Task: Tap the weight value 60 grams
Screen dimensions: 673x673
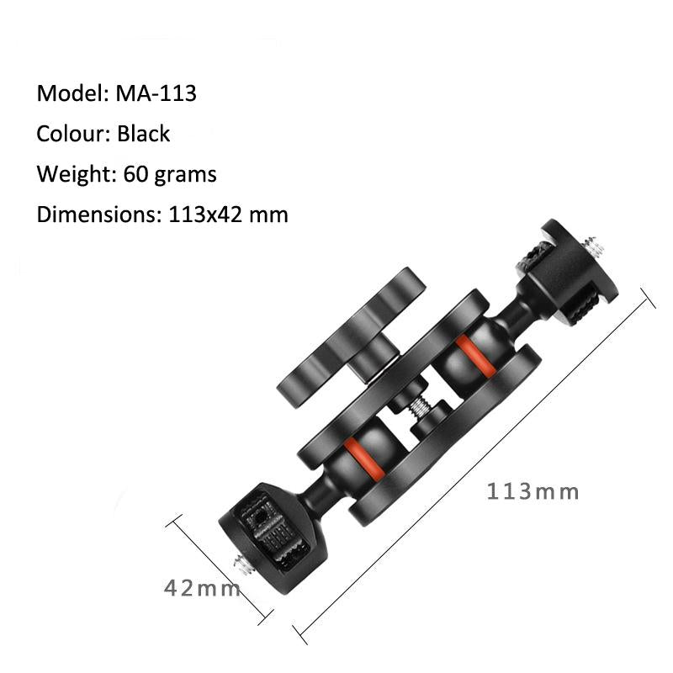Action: click(x=169, y=174)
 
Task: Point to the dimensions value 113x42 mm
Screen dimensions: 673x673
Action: click(x=224, y=215)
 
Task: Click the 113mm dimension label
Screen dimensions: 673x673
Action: click(x=533, y=491)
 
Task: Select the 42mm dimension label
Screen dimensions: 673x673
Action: click(x=202, y=588)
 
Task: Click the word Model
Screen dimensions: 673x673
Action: click(x=67, y=93)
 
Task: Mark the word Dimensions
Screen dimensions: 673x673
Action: click(x=93, y=215)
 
